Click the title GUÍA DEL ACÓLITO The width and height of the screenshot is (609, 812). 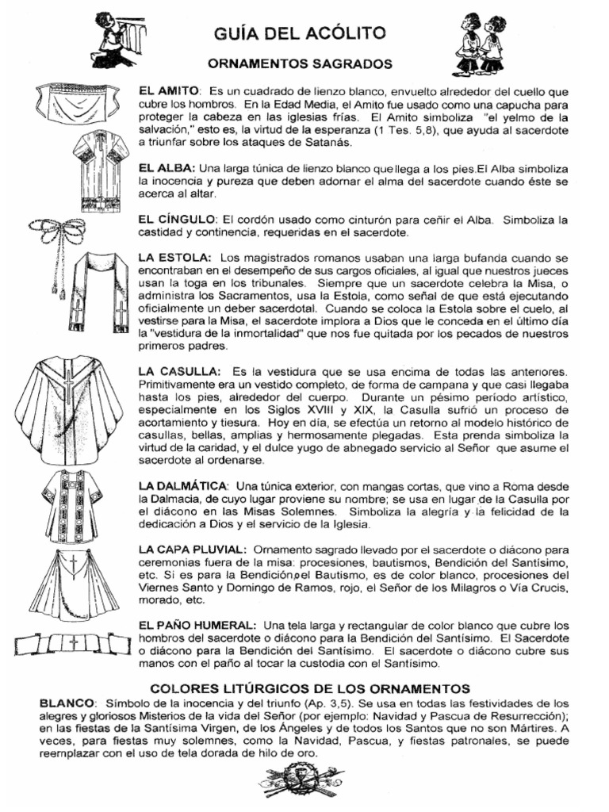tap(300, 33)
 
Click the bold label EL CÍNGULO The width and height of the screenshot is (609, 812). tap(176, 218)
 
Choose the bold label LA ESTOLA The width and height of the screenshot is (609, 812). tap(174, 258)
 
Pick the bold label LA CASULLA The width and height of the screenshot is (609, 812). tap(178, 371)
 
